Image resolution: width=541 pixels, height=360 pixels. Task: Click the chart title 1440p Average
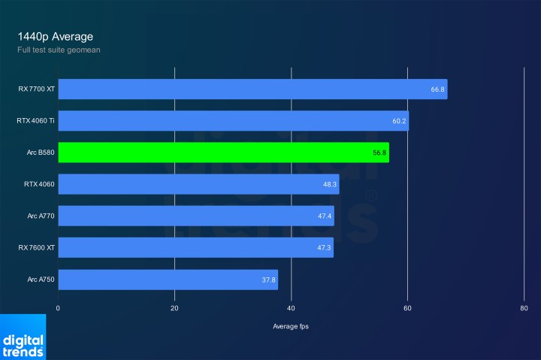55,36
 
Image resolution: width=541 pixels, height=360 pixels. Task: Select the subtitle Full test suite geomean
59,50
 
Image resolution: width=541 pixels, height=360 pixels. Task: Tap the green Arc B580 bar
223,153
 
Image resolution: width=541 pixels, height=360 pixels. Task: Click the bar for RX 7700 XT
252,89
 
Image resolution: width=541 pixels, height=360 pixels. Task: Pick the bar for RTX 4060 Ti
233,121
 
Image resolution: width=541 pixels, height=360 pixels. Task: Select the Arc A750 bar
168,280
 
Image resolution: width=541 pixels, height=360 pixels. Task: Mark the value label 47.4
325,216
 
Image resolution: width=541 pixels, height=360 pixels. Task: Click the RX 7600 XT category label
36,248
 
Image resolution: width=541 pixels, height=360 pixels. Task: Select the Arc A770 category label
41,216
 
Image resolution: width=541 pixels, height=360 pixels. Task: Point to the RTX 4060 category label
38,184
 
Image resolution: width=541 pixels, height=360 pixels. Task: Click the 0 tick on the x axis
58,308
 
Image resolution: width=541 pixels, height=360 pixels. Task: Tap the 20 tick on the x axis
174,308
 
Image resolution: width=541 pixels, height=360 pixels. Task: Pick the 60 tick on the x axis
407,308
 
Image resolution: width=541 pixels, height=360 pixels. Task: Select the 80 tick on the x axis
524,308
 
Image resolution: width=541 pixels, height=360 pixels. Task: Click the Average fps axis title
291,326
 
